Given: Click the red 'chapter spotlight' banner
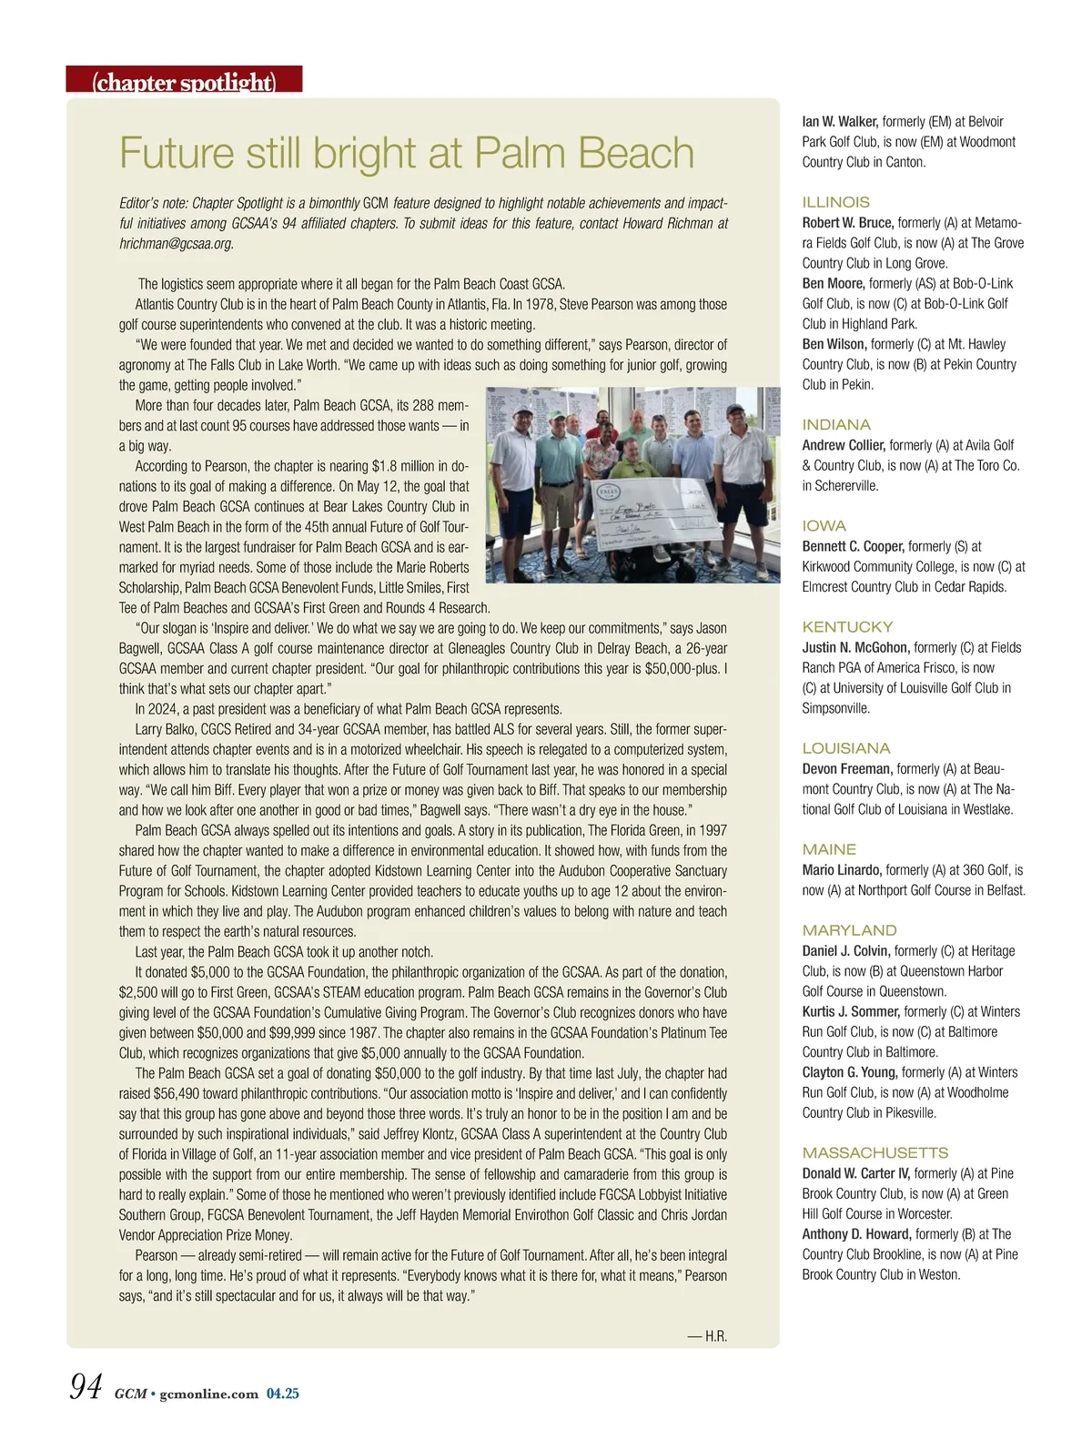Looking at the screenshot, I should click(x=184, y=81).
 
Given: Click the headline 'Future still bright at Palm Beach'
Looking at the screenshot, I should click(x=406, y=153).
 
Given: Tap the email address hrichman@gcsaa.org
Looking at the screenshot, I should click(x=177, y=243).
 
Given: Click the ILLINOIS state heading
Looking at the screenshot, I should click(x=835, y=202).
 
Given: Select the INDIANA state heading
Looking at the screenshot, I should click(x=836, y=424).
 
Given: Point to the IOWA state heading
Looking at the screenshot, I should click(x=824, y=525).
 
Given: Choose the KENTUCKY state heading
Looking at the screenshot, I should click(x=847, y=626).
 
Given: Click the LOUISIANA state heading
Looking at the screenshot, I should click(x=846, y=748).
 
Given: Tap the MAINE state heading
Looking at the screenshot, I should click(x=829, y=849).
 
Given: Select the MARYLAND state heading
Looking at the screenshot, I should click(x=849, y=930).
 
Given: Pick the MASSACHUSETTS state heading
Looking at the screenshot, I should click(x=875, y=1152).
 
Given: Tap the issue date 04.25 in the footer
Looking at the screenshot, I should click(x=282, y=1394).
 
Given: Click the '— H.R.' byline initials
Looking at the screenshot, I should click(x=707, y=1336).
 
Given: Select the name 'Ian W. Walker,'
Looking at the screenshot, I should click(x=840, y=121).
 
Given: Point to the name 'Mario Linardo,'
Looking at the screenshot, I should click(x=842, y=869).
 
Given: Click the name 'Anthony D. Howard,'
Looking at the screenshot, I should click(x=856, y=1233).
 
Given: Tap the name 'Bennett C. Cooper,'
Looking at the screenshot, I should click(x=853, y=546).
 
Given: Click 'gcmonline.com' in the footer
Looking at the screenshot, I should click(x=208, y=1394).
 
